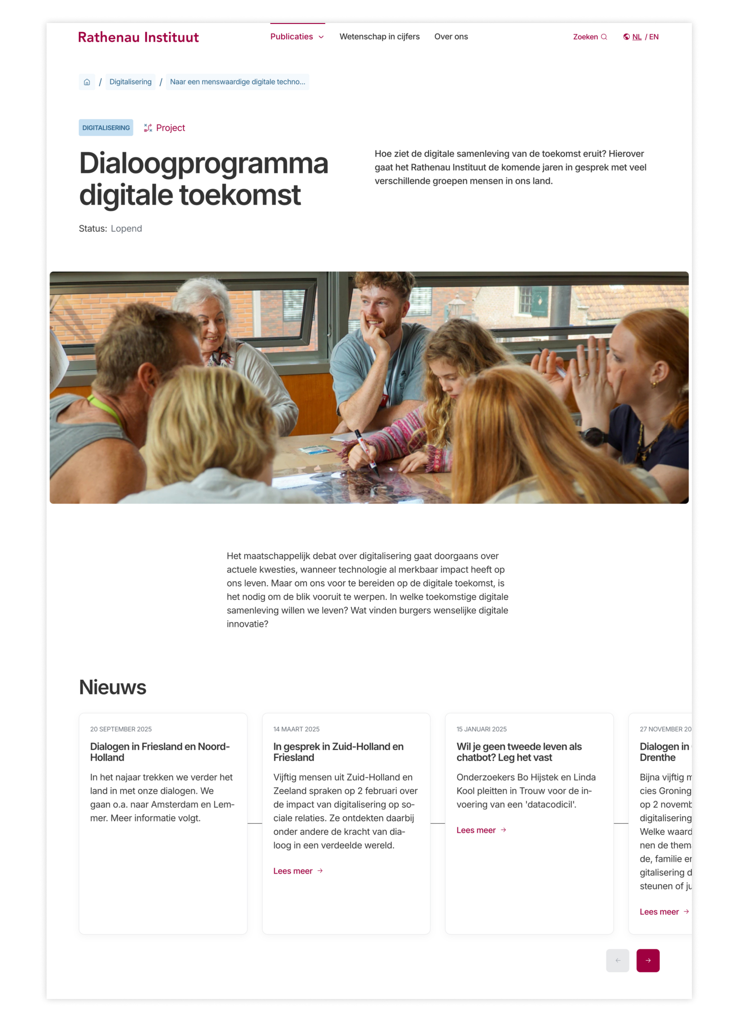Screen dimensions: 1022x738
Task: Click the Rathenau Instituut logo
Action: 138,37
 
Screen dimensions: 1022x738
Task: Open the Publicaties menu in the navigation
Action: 297,37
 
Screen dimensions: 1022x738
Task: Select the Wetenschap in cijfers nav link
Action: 379,37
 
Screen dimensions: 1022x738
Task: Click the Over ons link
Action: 451,37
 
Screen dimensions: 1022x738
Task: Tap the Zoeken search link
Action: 590,37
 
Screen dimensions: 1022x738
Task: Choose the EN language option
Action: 653,37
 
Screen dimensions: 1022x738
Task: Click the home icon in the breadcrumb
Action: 87,82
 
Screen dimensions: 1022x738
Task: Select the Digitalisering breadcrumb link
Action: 130,82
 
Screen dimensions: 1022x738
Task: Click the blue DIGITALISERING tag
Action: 106,128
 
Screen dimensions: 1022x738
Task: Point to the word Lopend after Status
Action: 126,228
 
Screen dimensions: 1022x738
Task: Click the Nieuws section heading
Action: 112,687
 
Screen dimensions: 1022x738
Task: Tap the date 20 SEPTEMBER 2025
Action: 121,729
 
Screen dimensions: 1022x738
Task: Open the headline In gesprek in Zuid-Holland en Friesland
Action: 338,752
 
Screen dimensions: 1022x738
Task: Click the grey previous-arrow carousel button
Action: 617,961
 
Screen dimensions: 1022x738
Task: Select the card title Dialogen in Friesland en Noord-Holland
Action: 160,752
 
